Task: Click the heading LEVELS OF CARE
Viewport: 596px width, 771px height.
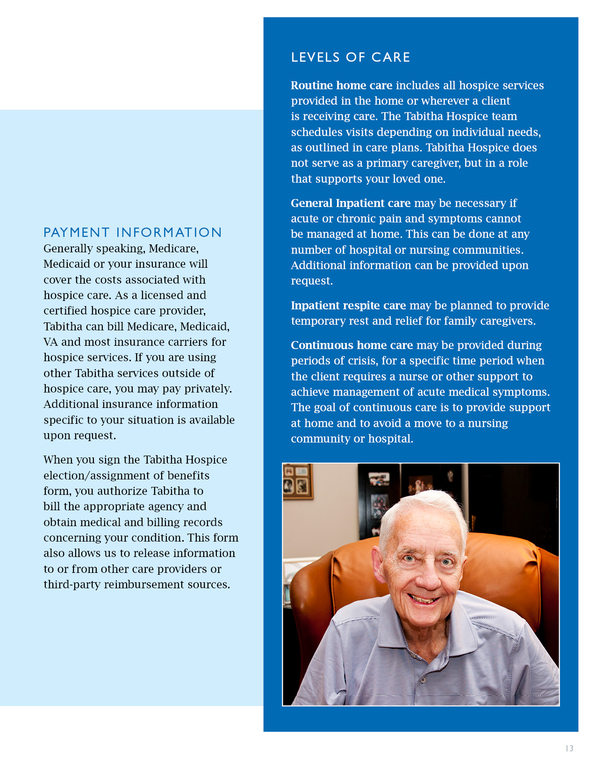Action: [x=350, y=57]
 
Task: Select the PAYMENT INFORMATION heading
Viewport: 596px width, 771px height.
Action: [x=132, y=232]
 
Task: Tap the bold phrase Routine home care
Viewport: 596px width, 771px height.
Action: [x=341, y=86]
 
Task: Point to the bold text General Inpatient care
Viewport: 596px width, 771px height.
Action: [x=350, y=203]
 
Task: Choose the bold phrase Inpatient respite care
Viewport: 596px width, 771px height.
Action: [x=348, y=306]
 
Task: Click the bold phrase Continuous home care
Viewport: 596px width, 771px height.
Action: [x=352, y=345]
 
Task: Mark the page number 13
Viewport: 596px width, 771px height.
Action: [x=569, y=748]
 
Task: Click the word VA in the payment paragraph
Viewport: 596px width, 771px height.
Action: [x=50, y=342]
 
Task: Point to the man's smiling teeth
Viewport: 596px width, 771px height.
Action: [x=425, y=599]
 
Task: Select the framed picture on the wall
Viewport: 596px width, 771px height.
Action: [x=297, y=481]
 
